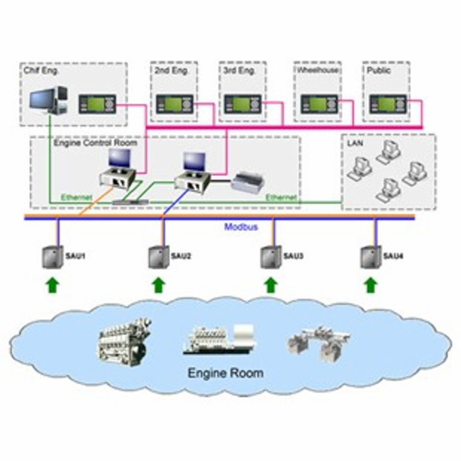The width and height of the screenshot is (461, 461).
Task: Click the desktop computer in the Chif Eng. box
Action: point(49,100)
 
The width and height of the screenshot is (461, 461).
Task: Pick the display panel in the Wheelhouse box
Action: point(319,104)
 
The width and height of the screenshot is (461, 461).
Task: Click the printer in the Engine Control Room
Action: point(249,182)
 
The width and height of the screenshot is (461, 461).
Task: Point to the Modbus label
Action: point(241,227)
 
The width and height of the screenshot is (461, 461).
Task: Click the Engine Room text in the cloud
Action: point(225,373)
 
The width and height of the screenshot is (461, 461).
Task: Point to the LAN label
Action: point(353,142)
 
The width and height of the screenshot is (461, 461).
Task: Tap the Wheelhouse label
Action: point(318,70)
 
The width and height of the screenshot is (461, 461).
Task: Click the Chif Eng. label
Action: point(41,71)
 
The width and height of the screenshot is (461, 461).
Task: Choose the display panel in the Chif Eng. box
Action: point(97,104)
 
